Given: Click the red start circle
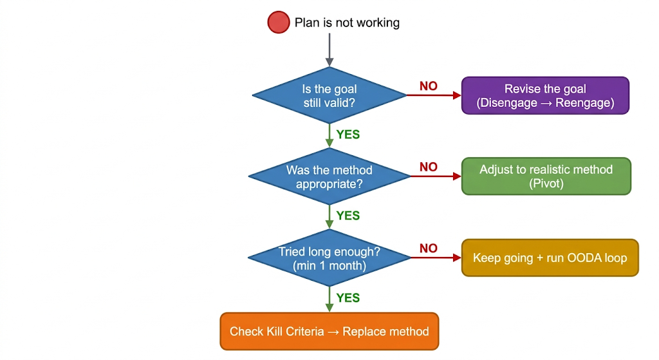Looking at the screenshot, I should point(278,23).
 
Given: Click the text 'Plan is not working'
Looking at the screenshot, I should point(347,23).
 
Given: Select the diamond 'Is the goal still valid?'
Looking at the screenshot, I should point(329,95).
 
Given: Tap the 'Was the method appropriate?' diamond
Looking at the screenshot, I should point(329,176).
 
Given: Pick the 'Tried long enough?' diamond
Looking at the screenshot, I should point(329,258).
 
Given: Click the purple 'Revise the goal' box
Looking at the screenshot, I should point(545,95).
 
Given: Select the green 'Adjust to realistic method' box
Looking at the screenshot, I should point(546,176).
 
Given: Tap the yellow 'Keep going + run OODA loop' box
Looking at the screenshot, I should point(550,258).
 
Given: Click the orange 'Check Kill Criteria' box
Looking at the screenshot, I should point(329,332).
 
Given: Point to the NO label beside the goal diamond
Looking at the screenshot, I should point(429,86).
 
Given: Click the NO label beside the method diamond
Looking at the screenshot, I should point(429,167).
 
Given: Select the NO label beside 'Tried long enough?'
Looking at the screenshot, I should point(429,249).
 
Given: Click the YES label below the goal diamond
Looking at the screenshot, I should point(348,135).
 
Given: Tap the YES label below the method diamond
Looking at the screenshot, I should point(348,216).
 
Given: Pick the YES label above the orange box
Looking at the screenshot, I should point(348,298).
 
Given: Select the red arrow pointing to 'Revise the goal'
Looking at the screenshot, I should point(434,95).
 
